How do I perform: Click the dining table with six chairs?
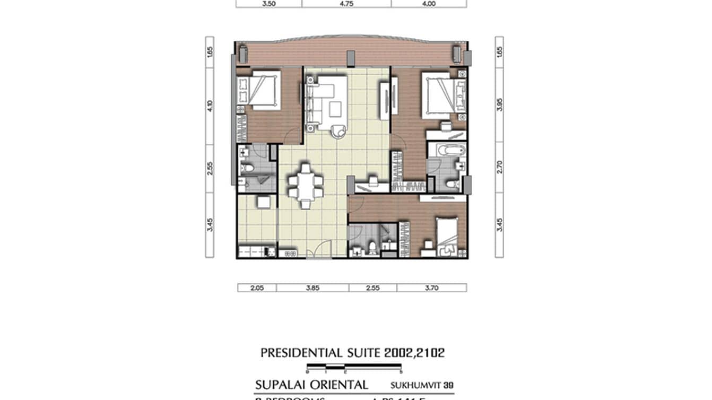coord(305,186)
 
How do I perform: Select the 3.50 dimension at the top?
coord(269,3)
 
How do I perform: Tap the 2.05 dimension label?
coord(257,288)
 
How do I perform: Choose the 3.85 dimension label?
coord(312,288)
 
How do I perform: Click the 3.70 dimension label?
coord(431,288)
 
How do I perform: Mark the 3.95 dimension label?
coord(499,103)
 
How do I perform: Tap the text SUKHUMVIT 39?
coord(421,385)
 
